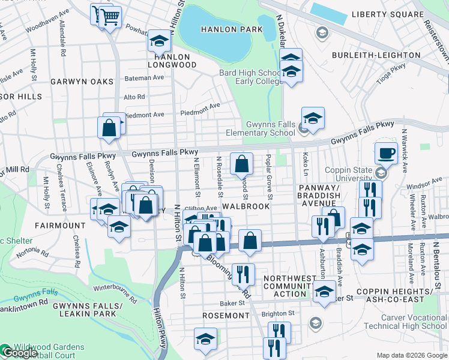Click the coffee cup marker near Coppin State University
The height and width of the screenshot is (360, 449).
[x=387, y=153]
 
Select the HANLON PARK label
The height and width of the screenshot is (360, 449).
[x=231, y=29]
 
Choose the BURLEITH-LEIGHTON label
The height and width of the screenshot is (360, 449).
[x=376, y=55]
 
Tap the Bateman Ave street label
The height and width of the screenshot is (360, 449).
[x=143, y=78]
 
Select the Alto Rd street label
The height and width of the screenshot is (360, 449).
[x=134, y=96]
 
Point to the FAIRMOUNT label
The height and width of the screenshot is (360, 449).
[x=60, y=226]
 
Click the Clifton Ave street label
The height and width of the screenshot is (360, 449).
[x=205, y=208]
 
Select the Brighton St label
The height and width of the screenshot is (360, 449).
[x=282, y=313]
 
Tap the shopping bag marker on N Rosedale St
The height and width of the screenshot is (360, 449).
[x=241, y=163]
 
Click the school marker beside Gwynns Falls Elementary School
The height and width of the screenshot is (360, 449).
[x=313, y=119]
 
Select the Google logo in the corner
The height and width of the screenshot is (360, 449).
[x=19, y=353]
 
